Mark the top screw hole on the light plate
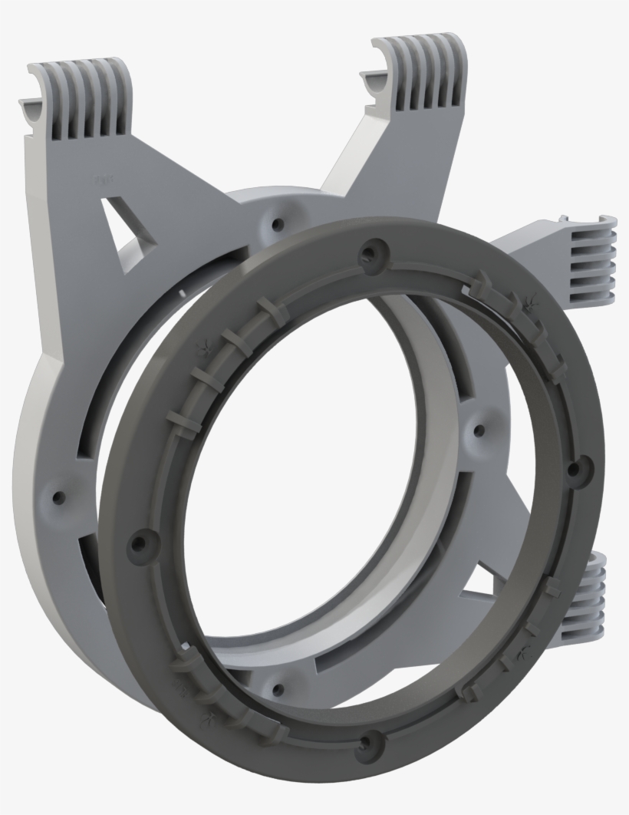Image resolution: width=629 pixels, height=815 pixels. [x=277, y=224]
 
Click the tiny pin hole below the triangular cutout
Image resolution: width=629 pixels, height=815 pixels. [x=182, y=291]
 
